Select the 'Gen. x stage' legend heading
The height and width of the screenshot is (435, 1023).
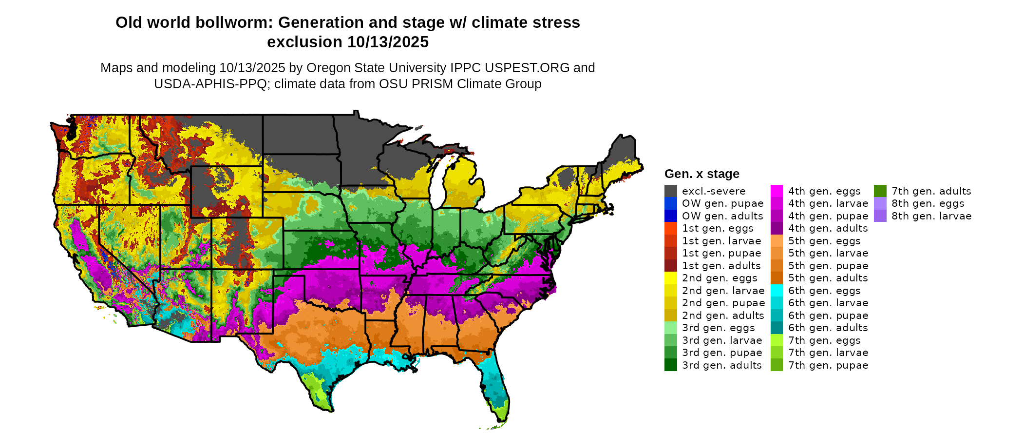(701, 174)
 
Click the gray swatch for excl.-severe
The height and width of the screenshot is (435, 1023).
(670, 191)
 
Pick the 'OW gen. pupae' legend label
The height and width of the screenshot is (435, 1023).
(722, 203)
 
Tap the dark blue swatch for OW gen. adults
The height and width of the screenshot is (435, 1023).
(670, 216)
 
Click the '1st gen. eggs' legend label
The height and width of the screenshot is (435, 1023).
(718, 228)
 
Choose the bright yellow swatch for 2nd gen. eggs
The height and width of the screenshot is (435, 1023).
(670, 278)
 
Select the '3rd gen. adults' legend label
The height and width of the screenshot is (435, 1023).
(721, 365)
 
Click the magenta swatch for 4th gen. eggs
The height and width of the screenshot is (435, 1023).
(777, 191)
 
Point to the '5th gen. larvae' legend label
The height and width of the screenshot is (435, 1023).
(828, 253)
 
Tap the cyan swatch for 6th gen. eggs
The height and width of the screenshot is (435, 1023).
(777, 291)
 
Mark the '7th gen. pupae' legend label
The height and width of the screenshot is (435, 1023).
(828, 365)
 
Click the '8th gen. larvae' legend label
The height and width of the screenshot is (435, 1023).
(931, 216)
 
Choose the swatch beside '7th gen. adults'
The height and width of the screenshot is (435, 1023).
(880, 191)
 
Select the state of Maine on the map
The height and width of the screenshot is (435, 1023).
(623, 156)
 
